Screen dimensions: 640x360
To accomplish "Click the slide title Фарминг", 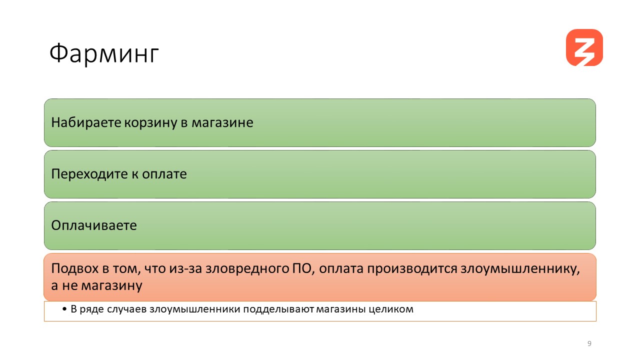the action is click(104, 53).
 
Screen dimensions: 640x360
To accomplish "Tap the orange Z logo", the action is click(584, 47).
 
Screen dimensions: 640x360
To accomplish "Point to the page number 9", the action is click(589, 343).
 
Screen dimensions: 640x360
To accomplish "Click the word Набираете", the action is click(86, 122).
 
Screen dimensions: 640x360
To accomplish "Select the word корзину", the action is click(150, 123).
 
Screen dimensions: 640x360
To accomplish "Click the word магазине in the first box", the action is click(222, 123).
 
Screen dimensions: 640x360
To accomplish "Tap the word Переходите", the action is click(89, 174).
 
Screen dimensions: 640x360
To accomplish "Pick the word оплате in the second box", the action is click(164, 174).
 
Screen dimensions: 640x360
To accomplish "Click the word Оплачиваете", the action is click(94, 225).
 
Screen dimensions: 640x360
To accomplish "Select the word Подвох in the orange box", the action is click(75, 268).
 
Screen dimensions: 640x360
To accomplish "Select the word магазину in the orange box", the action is click(111, 285).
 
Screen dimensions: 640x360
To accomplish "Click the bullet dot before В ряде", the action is click(64, 309).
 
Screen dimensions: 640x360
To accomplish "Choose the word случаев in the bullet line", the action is click(127, 309).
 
